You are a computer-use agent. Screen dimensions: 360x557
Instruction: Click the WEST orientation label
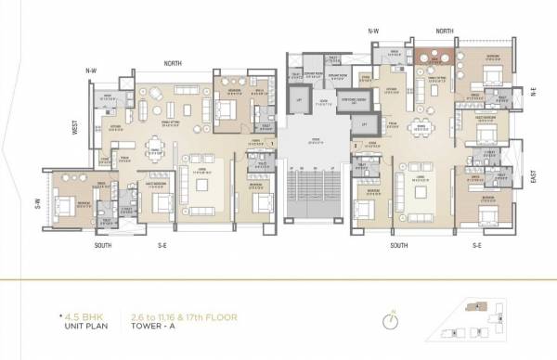pyautogui.click(x=75, y=126)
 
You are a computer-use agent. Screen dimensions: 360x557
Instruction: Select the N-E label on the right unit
pyautogui.click(x=534, y=91)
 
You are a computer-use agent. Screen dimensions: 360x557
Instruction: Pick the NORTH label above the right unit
pyautogui.click(x=443, y=31)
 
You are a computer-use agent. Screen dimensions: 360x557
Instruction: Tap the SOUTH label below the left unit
pyautogui.click(x=103, y=246)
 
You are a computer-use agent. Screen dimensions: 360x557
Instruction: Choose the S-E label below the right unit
pyautogui.click(x=476, y=246)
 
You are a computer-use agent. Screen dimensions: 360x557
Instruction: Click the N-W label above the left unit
pyautogui.click(x=91, y=71)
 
